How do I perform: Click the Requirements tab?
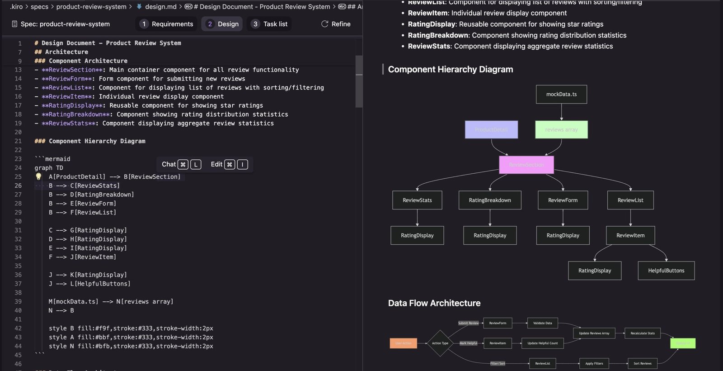point(167,24)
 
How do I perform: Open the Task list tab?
point(269,24)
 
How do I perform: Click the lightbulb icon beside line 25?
point(38,176)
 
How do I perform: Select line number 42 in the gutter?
point(18,328)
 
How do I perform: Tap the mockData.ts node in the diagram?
point(561,94)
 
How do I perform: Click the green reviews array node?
point(561,129)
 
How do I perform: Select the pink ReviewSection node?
point(526,165)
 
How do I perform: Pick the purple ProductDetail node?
point(491,129)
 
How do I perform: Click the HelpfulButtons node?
point(666,271)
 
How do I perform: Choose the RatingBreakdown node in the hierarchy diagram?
point(490,200)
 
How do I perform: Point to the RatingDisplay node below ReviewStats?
point(417,235)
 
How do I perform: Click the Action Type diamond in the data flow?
point(440,343)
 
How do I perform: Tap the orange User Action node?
point(403,343)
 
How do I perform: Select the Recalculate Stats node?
point(643,333)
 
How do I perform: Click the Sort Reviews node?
point(642,363)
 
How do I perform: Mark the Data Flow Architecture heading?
point(434,303)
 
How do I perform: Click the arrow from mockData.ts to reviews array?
point(562,112)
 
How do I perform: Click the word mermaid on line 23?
point(57,159)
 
